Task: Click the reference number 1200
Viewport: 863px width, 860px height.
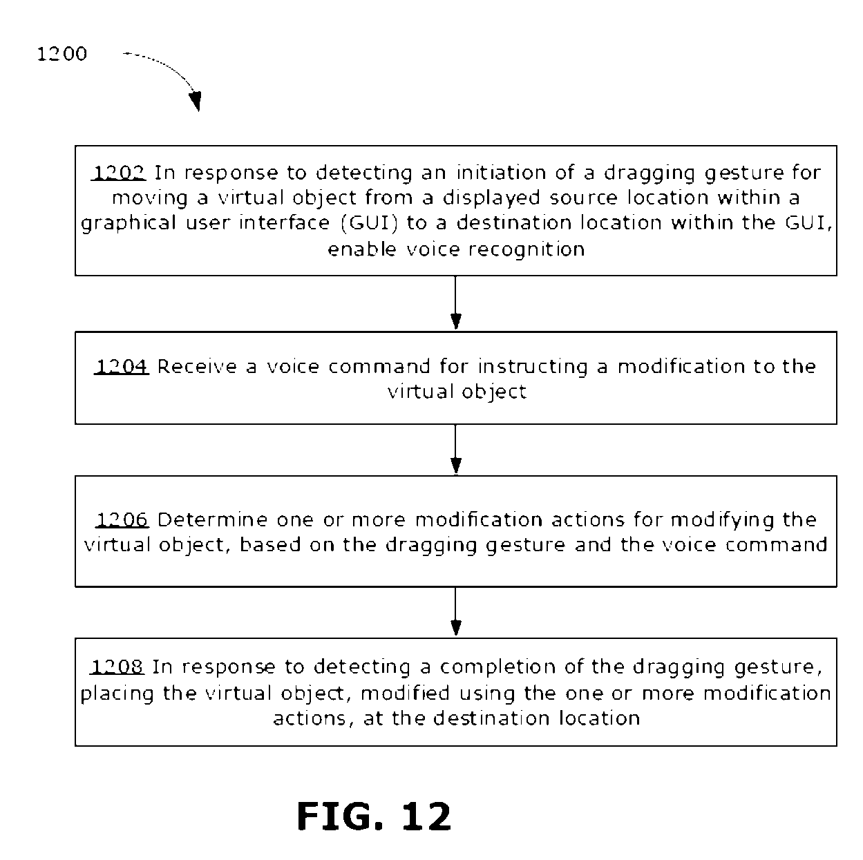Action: (61, 54)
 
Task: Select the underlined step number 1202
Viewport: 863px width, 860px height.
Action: (119, 173)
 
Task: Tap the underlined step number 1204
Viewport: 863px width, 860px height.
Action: (122, 366)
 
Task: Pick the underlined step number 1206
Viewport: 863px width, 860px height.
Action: (122, 519)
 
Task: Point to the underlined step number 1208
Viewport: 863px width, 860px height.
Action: (117, 667)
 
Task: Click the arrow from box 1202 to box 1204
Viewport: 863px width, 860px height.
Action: (455, 303)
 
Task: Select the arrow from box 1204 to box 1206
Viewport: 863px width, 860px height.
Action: (455, 449)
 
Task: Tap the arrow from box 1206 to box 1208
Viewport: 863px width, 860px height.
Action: (455, 611)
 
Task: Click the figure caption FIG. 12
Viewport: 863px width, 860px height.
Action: (374, 816)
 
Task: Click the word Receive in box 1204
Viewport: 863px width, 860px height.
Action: (197, 366)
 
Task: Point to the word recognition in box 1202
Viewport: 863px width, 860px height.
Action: (527, 249)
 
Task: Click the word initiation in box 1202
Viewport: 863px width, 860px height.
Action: (501, 173)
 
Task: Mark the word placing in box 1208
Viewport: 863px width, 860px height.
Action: (117, 694)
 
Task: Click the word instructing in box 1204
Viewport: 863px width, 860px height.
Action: (533, 367)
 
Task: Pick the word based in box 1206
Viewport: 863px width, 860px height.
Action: (270, 544)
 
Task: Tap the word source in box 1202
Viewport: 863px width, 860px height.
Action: (583, 198)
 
